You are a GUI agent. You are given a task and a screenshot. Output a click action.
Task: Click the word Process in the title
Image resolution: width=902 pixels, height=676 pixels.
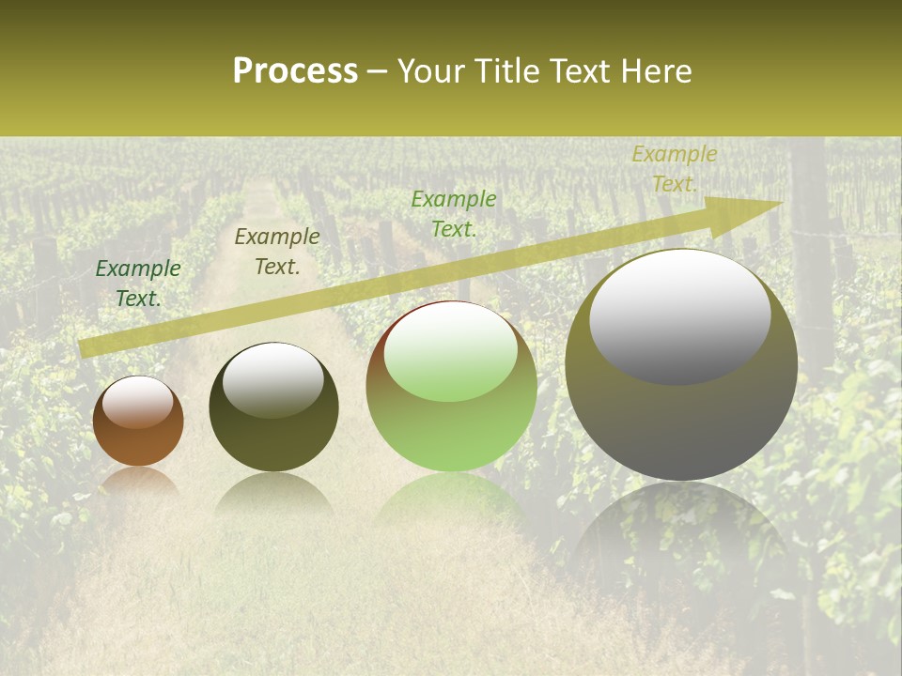[295, 71]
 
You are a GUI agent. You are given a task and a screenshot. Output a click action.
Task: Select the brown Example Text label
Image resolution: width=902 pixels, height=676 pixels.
[277, 252]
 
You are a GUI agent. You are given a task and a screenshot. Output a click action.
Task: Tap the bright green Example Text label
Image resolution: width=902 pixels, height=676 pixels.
[454, 214]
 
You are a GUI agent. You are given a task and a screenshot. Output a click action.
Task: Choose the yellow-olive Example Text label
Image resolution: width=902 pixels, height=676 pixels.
[674, 169]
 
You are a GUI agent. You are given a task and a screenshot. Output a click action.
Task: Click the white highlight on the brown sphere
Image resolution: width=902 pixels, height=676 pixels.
[137, 403]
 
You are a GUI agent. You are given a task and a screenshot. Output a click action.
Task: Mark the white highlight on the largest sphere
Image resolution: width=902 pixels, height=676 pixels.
[679, 316]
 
